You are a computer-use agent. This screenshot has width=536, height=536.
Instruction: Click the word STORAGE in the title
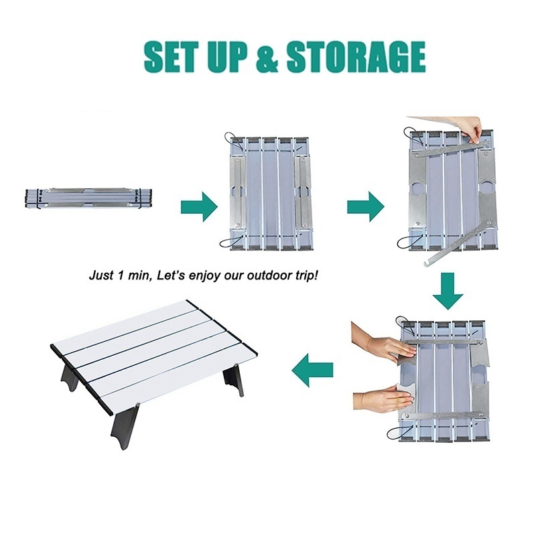click(x=356, y=57)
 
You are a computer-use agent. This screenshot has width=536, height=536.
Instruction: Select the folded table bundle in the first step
click(x=88, y=198)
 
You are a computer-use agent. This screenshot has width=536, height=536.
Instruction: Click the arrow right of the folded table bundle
click(x=199, y=207)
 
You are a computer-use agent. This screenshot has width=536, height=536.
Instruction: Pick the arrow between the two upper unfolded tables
click(x=366, y=207)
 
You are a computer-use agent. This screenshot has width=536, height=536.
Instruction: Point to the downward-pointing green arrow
click(x=448, y=291)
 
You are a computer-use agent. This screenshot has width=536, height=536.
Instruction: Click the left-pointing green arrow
click(x=312, y=370)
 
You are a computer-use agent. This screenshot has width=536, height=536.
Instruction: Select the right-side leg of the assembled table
click(x=233, y=383)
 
